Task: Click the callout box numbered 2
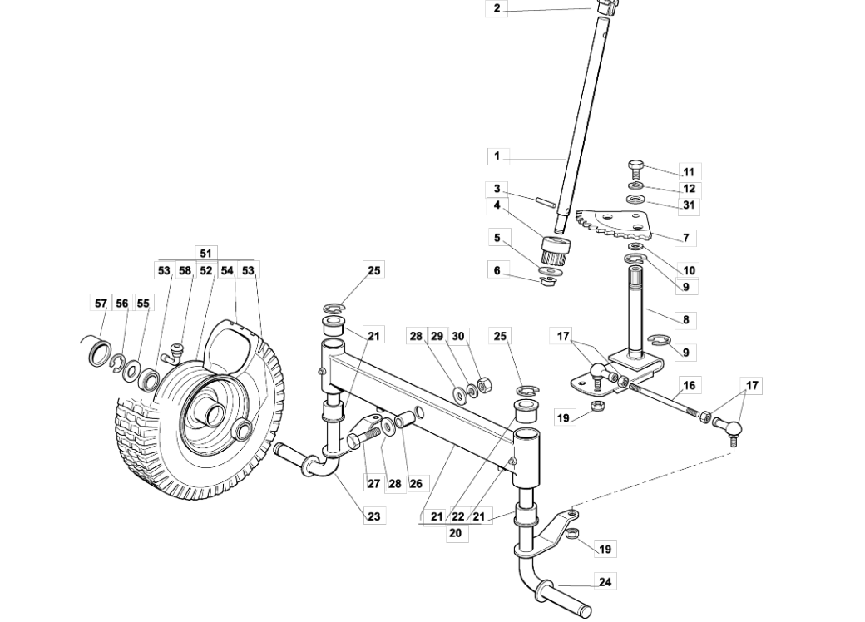tap(497, 8)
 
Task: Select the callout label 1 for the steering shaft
tap(497, 156)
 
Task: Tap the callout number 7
tap(685, 238)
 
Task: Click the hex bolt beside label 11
tap(635, 168)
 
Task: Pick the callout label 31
tap(689, 205)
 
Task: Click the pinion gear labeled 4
tap(555, 249)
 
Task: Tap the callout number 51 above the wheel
tap(205, 253)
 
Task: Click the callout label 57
tap(101, 303)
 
